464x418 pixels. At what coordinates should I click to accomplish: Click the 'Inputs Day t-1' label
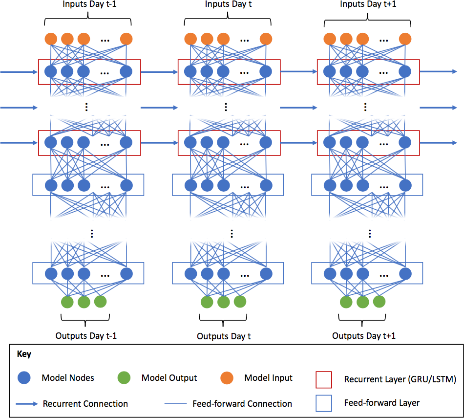pyautogui.click(x=89, y=4)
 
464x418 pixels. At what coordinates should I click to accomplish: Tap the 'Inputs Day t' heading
pyautogui.click(x=228, y=4)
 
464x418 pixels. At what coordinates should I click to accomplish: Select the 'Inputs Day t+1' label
pyautogui.click(x=368, y=4)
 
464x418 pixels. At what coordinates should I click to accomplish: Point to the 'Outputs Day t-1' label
pyautogui.click(x=86, y=336)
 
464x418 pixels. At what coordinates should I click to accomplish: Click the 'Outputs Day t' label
pyautogui.click(x=224, y=336)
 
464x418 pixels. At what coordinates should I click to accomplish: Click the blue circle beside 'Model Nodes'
pyautogui.click(x=24, y=378)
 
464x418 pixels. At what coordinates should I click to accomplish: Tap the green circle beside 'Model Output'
pyautogui.click(x=125, y=378)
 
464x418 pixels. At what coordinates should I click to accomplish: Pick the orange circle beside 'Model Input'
pyautogui.click(x=227, y=378)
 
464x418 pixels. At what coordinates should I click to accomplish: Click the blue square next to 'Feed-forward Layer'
pyautogui.click(x=324, y=403)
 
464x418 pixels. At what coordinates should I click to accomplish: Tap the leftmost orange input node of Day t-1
pyautogui.click(x=51, y=39)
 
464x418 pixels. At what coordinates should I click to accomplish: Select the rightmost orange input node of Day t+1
pyautogui.click(x=405, y=39)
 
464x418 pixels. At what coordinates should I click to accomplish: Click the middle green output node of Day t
pyautogui.click(x=223, y=302)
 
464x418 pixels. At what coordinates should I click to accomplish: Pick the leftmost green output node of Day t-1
pyautogui.click(x=67, y=302)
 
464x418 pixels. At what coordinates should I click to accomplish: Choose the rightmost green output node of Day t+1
pyautogui.click(x=379, y=302)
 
